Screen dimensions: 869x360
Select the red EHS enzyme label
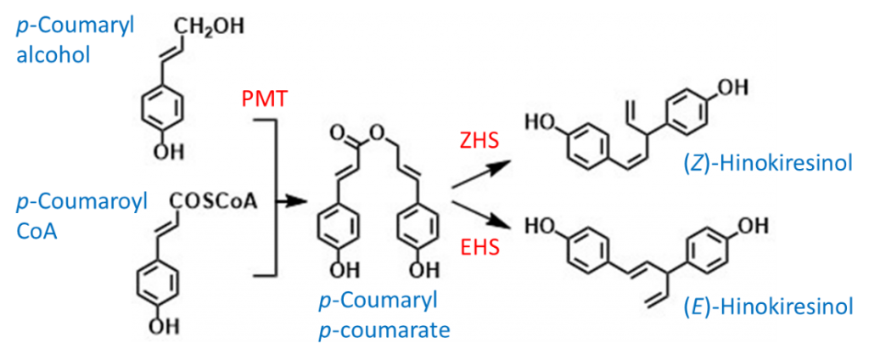[479, 245]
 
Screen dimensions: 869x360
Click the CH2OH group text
[210, 26]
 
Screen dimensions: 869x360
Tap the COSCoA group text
[217, 204]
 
